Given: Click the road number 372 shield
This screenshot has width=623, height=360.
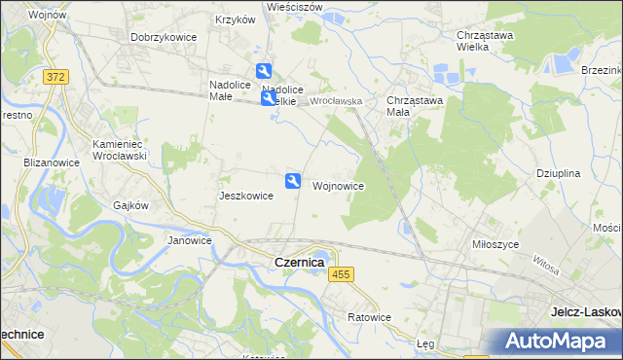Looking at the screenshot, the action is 55,76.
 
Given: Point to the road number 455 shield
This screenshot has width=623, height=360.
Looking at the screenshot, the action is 340,276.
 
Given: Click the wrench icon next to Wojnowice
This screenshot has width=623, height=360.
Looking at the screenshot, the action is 292,180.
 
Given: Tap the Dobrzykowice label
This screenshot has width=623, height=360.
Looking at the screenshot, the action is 164,37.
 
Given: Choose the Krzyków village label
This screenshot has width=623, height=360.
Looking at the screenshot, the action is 235,19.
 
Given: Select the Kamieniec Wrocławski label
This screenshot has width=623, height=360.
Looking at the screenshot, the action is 119,150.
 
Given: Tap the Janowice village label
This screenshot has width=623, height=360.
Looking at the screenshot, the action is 190,240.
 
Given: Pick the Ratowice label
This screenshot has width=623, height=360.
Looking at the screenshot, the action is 369,317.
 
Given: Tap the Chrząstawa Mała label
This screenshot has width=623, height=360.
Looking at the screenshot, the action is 415,105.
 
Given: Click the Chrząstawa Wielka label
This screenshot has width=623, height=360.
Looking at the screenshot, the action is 485,41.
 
